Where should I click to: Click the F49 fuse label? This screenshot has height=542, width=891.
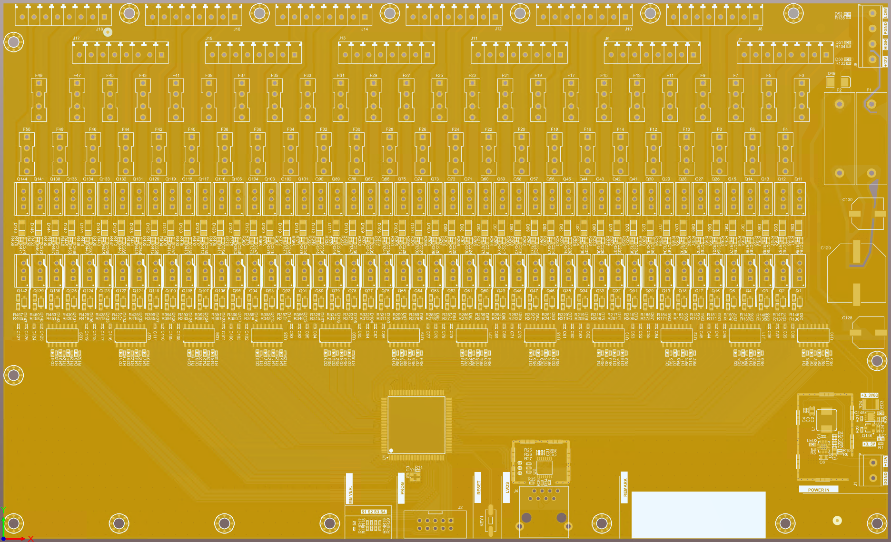click(39, 75)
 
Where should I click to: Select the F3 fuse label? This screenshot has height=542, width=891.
click(802, 75)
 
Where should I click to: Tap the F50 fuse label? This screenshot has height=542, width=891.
click(27, 129)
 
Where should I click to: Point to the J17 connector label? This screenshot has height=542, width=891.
click(76, 38)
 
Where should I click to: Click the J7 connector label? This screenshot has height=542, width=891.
click(740, 39)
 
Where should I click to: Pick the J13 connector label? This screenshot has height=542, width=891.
click(342, 38)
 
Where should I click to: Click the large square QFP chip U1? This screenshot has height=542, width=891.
click(416, 424)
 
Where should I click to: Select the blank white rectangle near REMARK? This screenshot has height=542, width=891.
click(698, 514)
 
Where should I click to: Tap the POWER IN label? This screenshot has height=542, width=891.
click(818, 490)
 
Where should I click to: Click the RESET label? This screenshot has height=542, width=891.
click(479, 487)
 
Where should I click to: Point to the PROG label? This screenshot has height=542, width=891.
click(402, 488)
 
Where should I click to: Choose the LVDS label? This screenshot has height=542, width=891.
click(507, 487)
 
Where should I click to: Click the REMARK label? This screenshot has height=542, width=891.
click(625, 487)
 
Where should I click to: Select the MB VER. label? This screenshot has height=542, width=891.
click(350, 495)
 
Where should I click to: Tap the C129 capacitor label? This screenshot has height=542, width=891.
click(825, 248)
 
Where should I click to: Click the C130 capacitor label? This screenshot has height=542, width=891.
click(847, 200)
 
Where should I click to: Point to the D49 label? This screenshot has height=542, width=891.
click(831, 74)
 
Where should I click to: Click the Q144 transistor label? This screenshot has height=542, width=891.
click(22, 179)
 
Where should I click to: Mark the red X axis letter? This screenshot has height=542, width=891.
click(31, 538)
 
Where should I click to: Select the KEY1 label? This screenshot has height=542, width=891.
click(481, 520)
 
